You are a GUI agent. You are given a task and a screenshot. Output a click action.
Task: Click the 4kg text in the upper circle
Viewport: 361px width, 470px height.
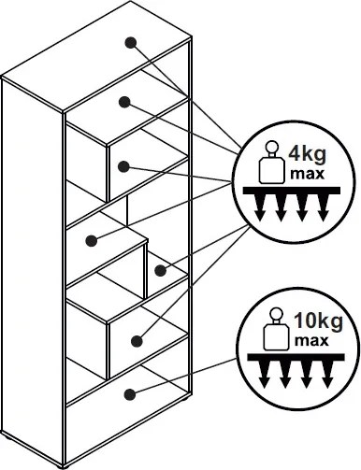tap(308, 155)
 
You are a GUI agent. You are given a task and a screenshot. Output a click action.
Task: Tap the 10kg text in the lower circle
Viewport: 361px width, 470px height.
tap(318, 321)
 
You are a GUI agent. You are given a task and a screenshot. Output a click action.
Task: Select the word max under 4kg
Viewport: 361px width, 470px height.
tap(307, 174)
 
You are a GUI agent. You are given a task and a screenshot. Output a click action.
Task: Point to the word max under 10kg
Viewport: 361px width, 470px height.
tap(311, 341)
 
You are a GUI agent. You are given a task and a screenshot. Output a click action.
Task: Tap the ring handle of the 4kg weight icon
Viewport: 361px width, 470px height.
tap(271, 147)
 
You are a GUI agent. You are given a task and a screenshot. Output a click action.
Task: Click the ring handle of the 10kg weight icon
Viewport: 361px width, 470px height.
tap(276, 314)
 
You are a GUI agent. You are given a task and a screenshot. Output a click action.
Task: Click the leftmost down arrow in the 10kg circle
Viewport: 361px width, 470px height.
tap(265, 375)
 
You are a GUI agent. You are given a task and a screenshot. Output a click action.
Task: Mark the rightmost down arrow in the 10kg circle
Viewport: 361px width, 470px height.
tap(326, 375)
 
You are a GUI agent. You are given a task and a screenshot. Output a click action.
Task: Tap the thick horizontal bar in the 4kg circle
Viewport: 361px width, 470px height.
tap(292, 191)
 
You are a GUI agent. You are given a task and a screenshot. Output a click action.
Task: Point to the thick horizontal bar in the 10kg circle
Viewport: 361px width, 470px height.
tap(296, 357)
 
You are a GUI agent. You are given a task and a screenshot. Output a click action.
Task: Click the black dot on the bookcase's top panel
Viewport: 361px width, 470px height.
tap(130, 42)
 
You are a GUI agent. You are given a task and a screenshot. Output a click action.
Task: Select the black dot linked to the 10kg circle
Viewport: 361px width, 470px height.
tap(130, 394)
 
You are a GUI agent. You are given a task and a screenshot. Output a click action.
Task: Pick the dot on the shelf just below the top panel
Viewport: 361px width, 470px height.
tap(124, 102)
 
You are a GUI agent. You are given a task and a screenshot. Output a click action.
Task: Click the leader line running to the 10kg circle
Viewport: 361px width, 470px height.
tap(183, 377)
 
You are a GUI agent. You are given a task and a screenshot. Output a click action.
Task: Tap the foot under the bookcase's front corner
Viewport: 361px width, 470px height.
tap(65, 467)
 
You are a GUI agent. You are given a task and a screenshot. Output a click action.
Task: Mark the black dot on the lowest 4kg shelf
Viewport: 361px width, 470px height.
tap(137, 341)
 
